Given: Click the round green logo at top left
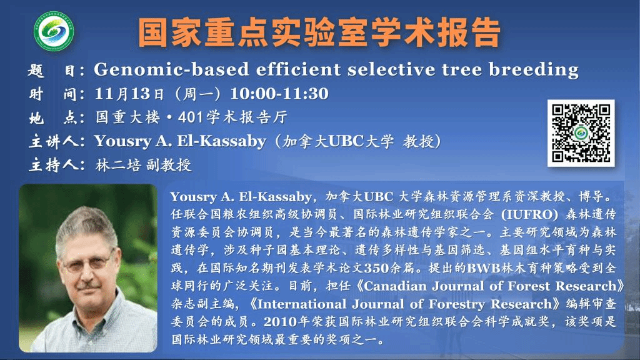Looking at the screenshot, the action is click(x=54, y=31).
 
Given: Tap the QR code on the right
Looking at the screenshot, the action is click(x=581, y=133).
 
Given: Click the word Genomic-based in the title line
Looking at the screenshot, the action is click(x=171, y=69).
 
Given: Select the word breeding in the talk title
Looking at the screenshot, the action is click(x=534, y=69).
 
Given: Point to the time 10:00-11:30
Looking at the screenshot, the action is click(x=279, y=94).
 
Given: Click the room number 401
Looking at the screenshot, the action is click(x=190, y=117).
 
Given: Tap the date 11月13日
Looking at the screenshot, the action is click(x=129, y=94).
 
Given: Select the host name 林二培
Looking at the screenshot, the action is click(x=118, y=165).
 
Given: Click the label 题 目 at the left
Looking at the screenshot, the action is click(x=56, y=70).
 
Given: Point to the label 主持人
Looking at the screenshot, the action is click(x=56, y=165).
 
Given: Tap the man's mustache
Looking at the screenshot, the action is click(x=88, y=284).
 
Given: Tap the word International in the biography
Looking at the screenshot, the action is click(x=302, y=304).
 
